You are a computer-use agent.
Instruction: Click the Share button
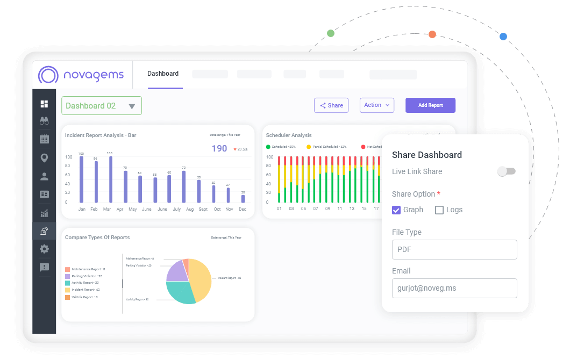pos(331,105)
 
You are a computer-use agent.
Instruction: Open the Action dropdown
pos(376,105)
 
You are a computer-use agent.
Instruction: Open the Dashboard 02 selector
pos(102,106)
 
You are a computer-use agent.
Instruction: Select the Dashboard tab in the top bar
pos(163,74)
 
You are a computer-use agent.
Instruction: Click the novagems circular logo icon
pos(48,75)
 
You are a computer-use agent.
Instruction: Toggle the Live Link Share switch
pos(506,171)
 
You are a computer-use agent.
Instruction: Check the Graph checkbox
pos(396,210)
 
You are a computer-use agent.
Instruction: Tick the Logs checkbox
pos(439,210)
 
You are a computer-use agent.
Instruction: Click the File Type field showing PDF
pos(454,249)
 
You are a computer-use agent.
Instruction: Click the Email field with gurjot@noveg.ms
pos(454,288)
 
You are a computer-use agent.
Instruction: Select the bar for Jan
pos(82,179)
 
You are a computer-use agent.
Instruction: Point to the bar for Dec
pos(243,198)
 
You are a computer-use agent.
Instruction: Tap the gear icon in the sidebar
pos(44,249)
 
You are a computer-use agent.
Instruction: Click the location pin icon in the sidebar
pos(44,158)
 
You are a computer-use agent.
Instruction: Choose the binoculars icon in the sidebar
pos(44,121)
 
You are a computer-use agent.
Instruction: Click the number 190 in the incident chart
pos(219,148)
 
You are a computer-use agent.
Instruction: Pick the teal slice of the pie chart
pos(180,291)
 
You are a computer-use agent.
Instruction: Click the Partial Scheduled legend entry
pos(327,147)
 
